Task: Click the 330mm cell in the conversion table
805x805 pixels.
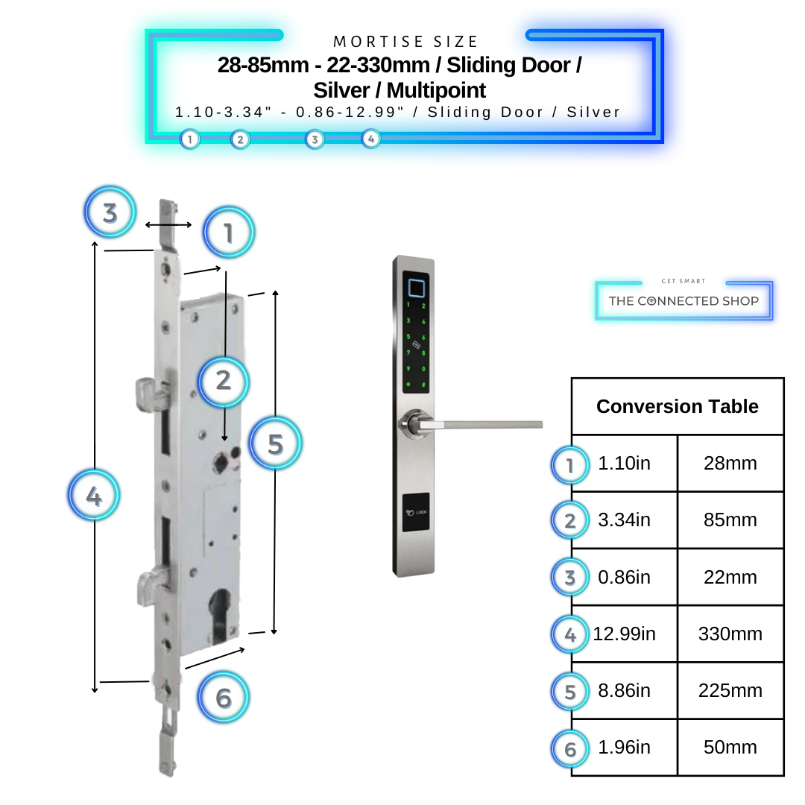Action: click(730, 634)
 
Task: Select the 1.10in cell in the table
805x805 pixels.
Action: click(625, 464)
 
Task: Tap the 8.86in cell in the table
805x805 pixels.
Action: click(625, 691)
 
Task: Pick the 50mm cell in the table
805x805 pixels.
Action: click(730, 748)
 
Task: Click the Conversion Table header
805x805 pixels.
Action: click(677, 406)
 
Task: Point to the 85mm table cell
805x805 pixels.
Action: click(730, 520)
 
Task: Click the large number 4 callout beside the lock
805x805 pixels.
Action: click(94, 496)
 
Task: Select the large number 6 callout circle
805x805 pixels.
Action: click(224, 698)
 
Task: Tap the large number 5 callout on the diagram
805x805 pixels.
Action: click(275, 444)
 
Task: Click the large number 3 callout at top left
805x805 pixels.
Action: click(110, 212)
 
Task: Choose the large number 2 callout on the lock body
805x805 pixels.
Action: click(223, 381)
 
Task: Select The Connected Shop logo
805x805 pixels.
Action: click(684, 300)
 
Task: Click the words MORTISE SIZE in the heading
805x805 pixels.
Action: click(405, 42)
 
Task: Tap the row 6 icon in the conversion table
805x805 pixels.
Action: click(570, 748)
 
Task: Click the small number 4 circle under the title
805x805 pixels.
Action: click(370, 139)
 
